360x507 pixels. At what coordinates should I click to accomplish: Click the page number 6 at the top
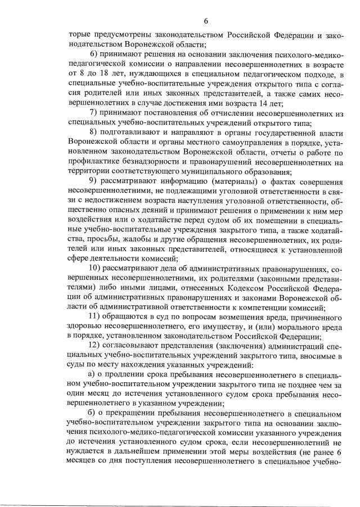click(206, 21)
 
